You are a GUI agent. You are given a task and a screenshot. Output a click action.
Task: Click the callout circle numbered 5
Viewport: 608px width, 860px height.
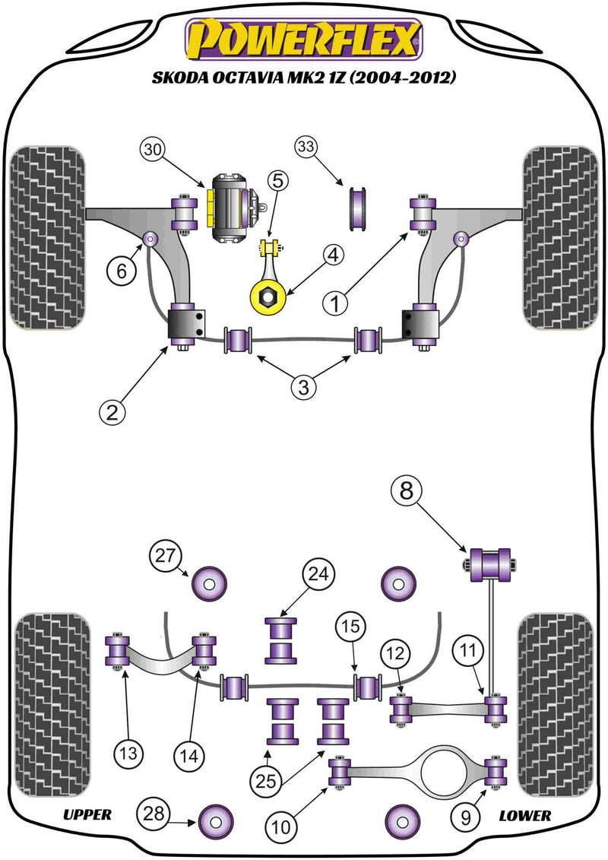point(277,181)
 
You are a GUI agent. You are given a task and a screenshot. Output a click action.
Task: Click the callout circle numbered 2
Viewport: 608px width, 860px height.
point(112,412)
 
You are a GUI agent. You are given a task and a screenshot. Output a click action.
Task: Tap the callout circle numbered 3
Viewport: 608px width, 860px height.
point(303,387)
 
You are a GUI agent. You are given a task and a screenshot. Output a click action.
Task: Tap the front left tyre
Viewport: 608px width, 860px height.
point(46,238)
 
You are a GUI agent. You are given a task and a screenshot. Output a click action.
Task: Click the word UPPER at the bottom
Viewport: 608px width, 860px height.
point(87,815)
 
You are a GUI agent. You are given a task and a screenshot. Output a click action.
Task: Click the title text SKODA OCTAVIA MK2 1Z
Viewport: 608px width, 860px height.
point(304,78)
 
